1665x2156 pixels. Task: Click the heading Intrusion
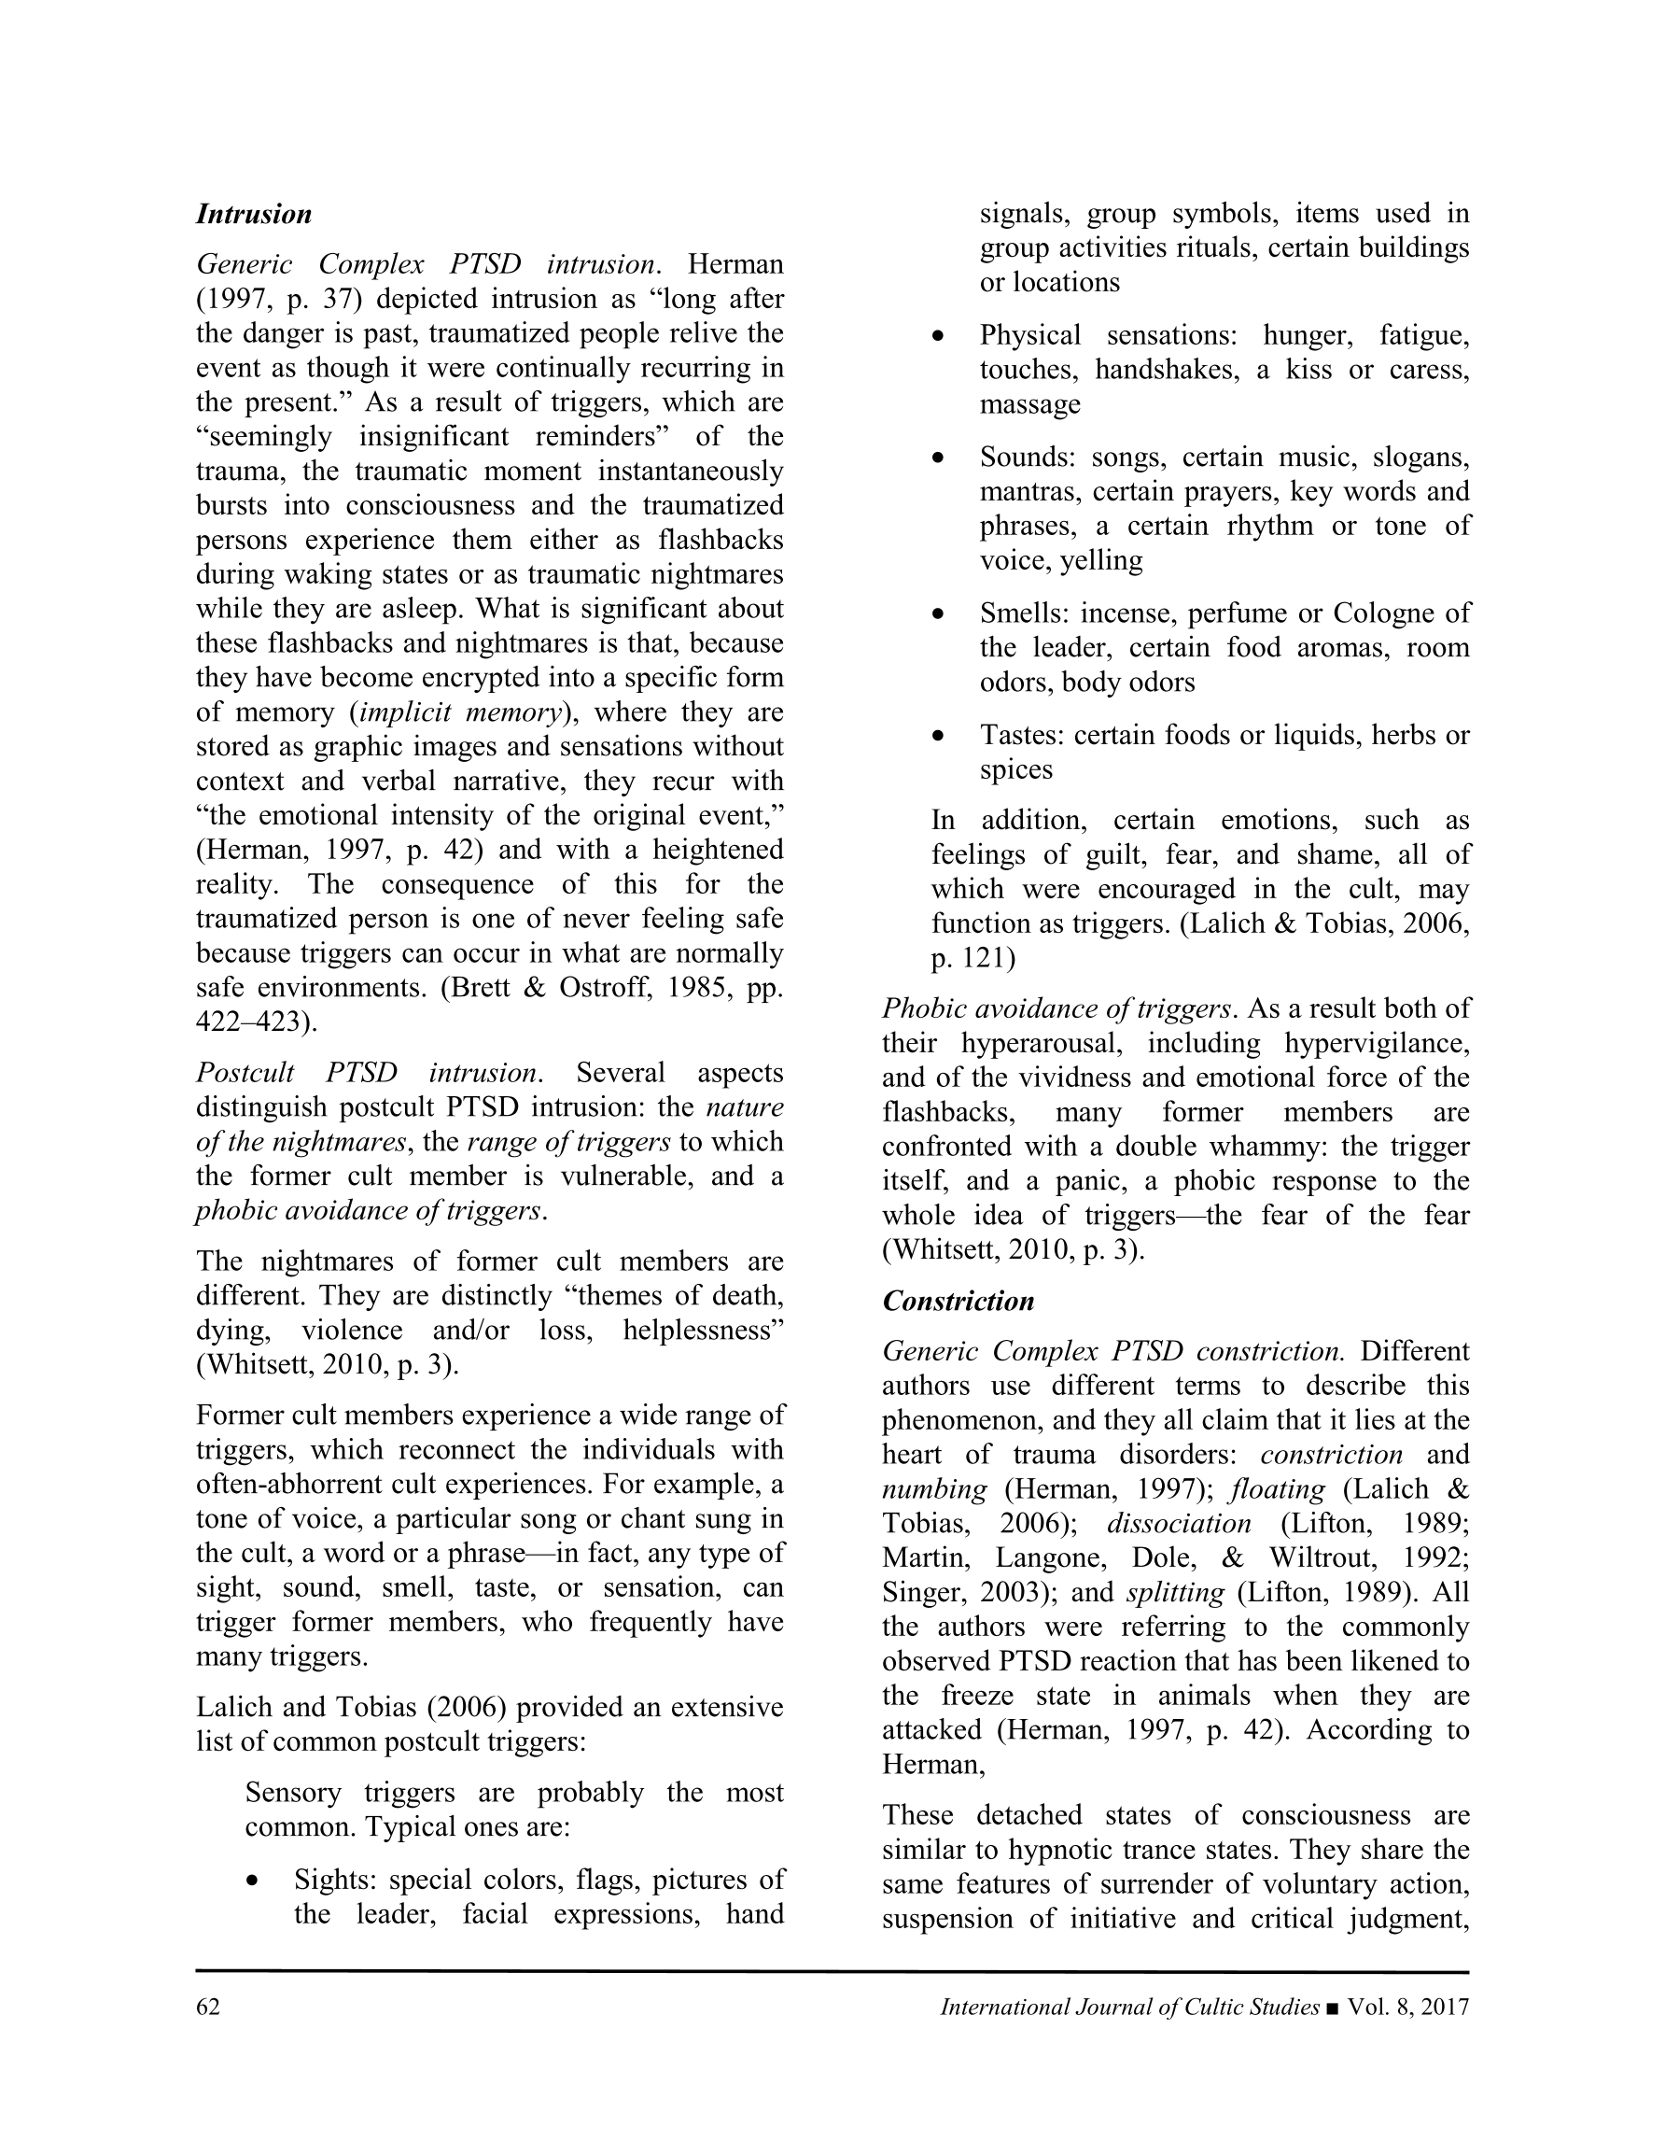(x=254, y=214)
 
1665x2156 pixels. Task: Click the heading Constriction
(x=958, y=1301)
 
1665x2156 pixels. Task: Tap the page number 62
(x=208, y=2007)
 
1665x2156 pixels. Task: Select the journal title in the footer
(x=1129, y=2007)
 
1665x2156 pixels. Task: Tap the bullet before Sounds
(x=939, y=459)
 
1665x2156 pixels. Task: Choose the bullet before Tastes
(x=939, y=737)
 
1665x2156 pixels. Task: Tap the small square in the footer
(x=1335, y=2008)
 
